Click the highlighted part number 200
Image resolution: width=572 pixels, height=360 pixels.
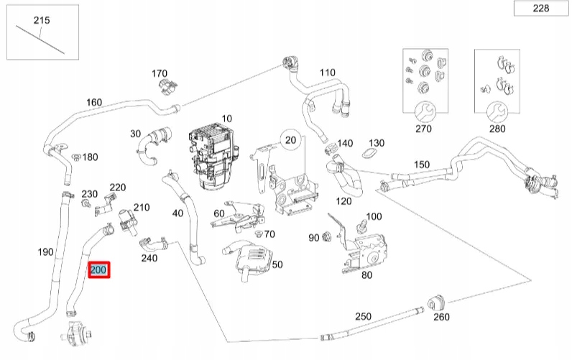click(x=98, y=270)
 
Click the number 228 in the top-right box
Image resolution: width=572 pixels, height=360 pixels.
click(x=541, y=9)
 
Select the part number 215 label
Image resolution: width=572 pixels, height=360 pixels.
click(x=42, y=20)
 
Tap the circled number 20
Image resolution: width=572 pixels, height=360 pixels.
click(x=291, y=139)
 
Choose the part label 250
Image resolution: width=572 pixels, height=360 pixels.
click(x=364, y=317)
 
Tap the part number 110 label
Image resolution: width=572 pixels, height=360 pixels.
click(x=328, y=73)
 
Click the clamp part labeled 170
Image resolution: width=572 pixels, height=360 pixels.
click(x=167, y=87)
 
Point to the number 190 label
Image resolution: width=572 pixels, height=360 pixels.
click(x=45, y=251)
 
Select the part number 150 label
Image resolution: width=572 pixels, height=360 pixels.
click(x=422, y=165)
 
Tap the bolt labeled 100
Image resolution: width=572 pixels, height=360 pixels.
click(x=362, y=226)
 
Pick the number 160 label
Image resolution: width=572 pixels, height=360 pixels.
click(x=94, y=102)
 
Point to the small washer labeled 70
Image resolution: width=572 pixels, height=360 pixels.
click(x=257, y=234)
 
